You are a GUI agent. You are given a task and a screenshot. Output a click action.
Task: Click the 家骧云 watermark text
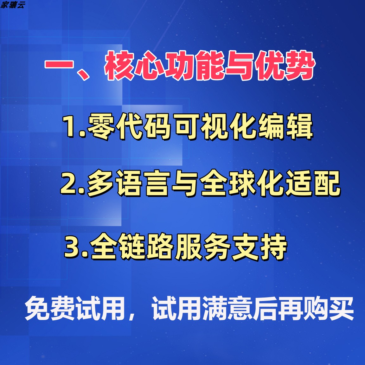click(x=12, y=5)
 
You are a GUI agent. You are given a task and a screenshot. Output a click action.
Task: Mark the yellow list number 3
click(x=73, y=247)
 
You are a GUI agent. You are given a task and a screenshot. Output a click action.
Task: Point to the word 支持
click(x=259, y=247)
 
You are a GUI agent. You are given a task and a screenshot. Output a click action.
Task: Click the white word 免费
click(x=50, y=308)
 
